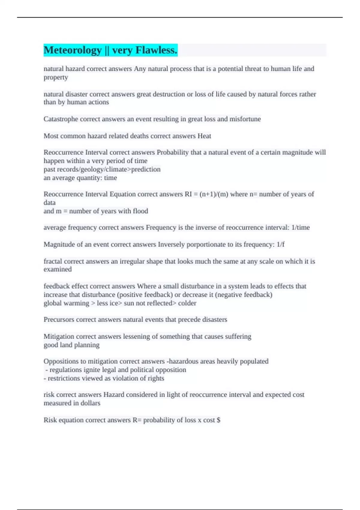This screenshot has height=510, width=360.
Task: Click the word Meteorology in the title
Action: tap(73, 50)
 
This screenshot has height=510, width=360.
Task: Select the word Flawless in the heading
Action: tap(156, 50)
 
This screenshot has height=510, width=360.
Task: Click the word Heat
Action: tap(204, 136)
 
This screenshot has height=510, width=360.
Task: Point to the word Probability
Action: tap(172, 152)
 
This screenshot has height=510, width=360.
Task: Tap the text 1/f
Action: tap(280, 244)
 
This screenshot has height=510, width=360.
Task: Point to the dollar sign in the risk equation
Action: tap(218, 420)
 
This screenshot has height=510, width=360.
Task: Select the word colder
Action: tap(187, 303)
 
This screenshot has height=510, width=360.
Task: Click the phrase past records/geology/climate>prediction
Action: tap(102, 169)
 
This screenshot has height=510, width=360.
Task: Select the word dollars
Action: tap(90, 403)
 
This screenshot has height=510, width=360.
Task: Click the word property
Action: tap(56, 77)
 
